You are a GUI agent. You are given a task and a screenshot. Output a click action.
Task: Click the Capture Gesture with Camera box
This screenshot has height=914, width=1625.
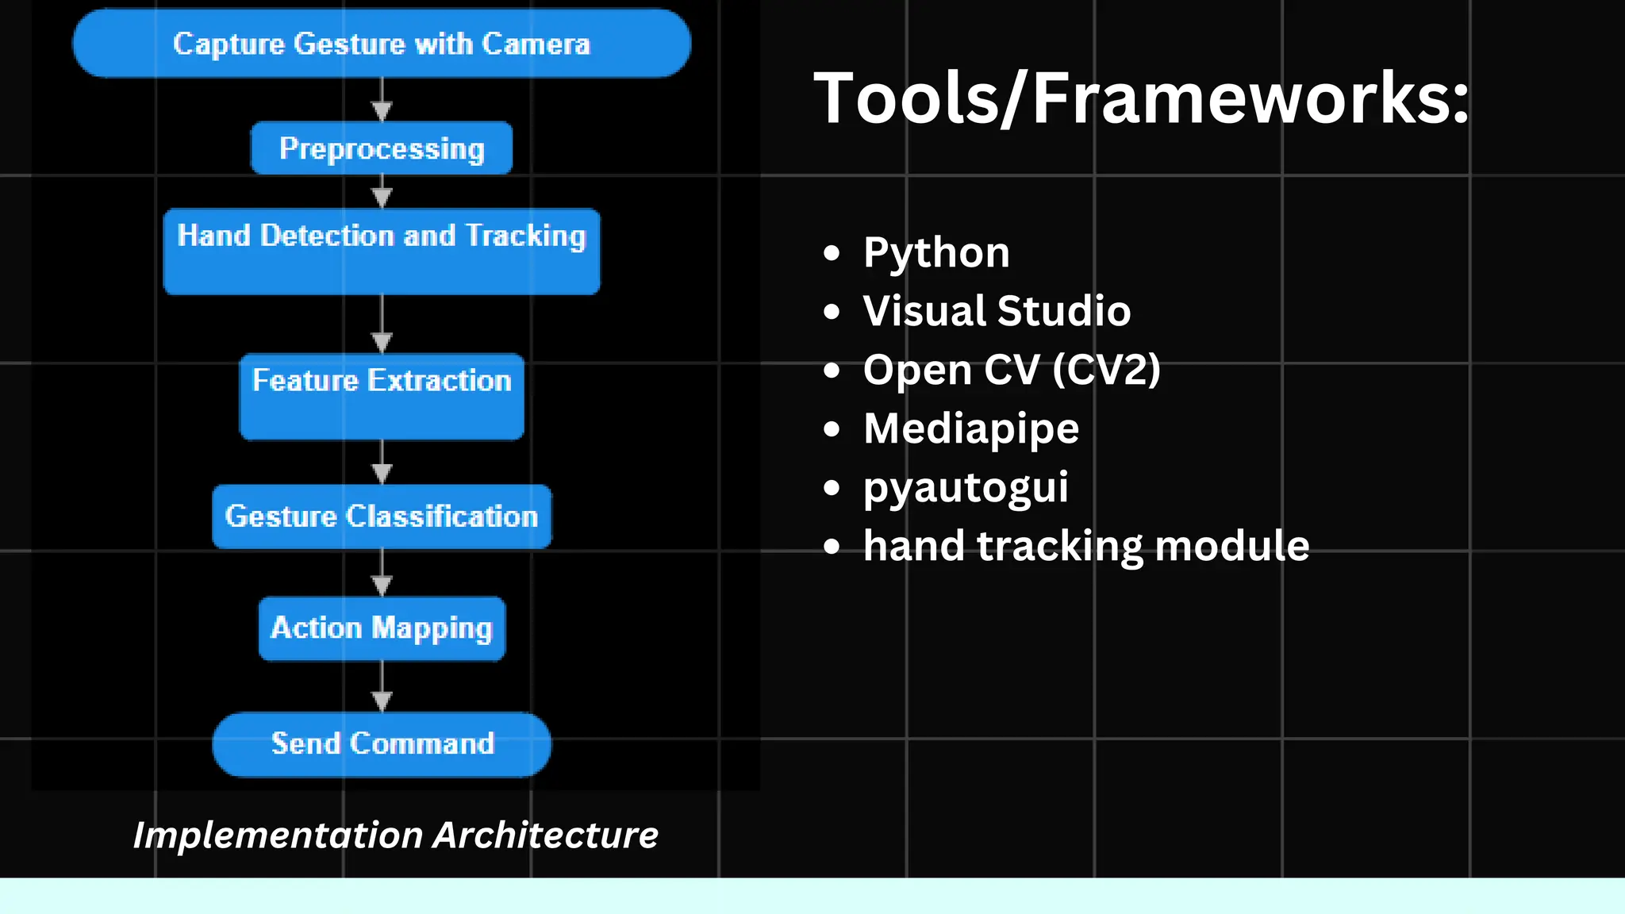click(382, 44)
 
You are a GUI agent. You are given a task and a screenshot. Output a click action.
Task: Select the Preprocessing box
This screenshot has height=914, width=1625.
click(382, 148)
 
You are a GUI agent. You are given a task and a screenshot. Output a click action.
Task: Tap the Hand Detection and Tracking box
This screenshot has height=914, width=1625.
click(382, 251)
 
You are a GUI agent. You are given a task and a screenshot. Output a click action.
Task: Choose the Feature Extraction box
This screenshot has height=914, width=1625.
click(382, 396)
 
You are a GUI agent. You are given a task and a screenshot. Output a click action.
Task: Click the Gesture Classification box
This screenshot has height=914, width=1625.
click(382, 517)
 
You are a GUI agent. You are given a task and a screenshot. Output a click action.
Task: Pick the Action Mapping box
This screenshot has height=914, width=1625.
click(382, 628)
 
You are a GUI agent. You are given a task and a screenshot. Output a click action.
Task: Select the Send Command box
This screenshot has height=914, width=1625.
click(382, 744)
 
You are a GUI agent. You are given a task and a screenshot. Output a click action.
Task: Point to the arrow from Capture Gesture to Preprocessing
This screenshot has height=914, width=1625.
click(382, 101)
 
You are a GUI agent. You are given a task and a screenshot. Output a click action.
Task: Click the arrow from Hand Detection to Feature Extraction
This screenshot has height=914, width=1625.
click(382, 325)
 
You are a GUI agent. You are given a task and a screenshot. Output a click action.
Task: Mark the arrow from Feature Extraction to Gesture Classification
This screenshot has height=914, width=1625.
click(382, 463)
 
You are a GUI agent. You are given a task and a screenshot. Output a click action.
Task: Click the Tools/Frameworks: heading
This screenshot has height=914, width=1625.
click(1141, 98)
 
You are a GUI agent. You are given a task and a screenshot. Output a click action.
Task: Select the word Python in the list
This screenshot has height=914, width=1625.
click(936, 253)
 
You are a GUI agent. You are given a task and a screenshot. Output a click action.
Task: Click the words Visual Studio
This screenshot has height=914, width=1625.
click(997, 311)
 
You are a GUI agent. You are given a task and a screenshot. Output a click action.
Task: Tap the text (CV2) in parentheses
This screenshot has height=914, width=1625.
click(1106, 370)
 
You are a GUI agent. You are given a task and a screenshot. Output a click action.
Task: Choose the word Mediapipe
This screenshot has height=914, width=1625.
click(971, 428)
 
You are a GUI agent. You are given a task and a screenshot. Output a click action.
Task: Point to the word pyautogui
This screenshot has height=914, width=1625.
click(966, 487)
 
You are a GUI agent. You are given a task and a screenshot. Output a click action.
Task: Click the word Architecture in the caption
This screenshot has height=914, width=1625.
click(546, 835)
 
